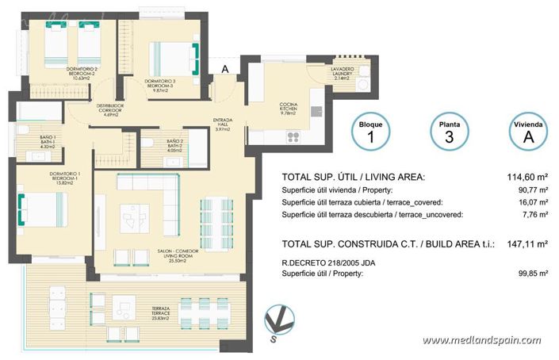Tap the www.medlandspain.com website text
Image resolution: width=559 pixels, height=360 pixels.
488,340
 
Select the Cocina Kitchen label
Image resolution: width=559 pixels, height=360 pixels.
287,109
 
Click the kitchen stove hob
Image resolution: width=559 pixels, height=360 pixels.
293,136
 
